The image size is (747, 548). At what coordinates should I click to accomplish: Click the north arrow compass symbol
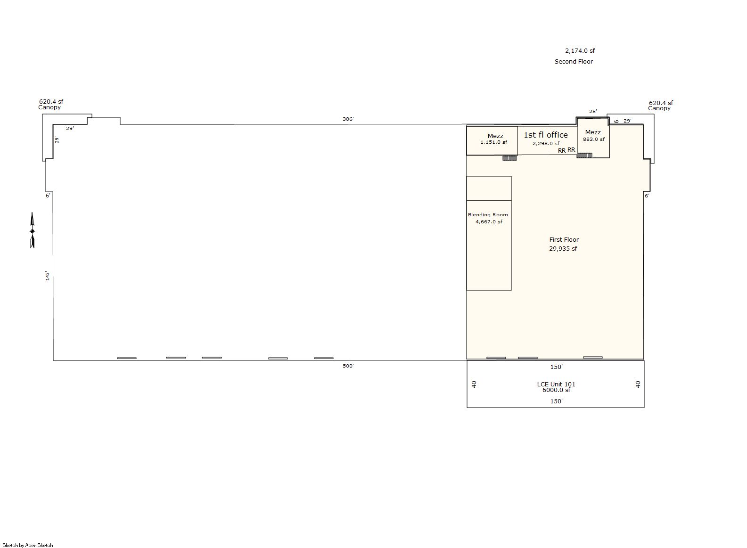[33, 230]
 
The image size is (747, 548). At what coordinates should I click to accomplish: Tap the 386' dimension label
[348, 119]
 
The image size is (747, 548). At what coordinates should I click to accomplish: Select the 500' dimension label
[348, 366]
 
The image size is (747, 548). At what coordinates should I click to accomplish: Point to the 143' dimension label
[47, 276]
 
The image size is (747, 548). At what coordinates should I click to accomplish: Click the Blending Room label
[488, 215]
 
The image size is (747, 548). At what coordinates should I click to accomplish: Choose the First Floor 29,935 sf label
[564, 244]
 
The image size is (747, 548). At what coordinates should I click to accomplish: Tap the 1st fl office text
[546, 135]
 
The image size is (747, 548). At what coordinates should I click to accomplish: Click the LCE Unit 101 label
[556, 384]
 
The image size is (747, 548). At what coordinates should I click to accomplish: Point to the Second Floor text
[574, 62]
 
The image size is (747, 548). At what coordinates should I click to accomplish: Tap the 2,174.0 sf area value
[580, 51]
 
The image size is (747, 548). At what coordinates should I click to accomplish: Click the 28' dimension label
[593, 111]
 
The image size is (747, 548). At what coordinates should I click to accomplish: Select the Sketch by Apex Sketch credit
[28, 545]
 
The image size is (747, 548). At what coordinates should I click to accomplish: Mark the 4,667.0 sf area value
[489, 221]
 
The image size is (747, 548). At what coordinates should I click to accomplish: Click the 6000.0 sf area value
[556, 390]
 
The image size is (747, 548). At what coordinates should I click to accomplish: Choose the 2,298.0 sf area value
[546, 143]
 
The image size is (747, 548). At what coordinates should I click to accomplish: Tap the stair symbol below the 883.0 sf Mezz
[584, 155]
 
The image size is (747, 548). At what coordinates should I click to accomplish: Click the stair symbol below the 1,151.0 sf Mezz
[509, 158]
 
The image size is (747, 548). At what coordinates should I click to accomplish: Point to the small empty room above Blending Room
[489, 188]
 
